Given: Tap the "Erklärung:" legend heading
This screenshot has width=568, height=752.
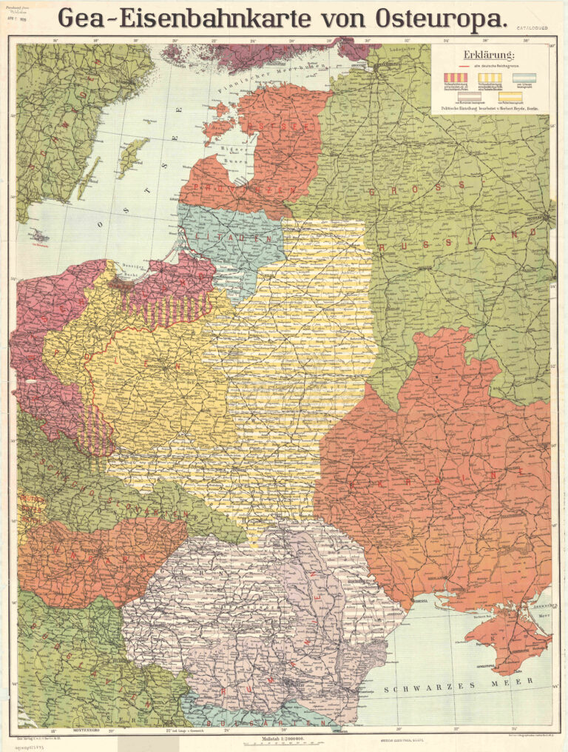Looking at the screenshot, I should point(483,55).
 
